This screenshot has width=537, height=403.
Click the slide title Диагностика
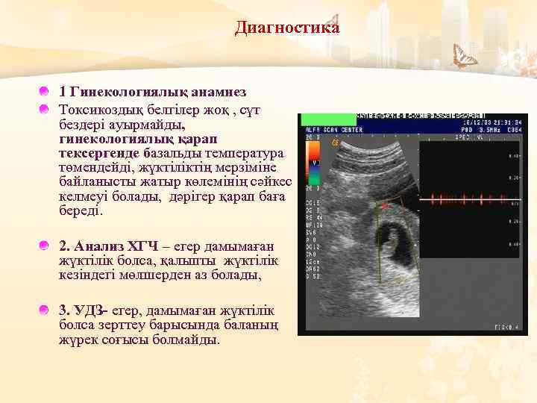point(287,28)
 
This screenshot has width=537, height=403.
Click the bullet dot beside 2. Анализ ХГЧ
point(45,245)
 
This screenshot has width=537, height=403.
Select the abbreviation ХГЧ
point(142,246)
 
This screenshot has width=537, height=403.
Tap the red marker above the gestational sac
point(385,203)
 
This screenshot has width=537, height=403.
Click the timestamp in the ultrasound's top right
point(492,122)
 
